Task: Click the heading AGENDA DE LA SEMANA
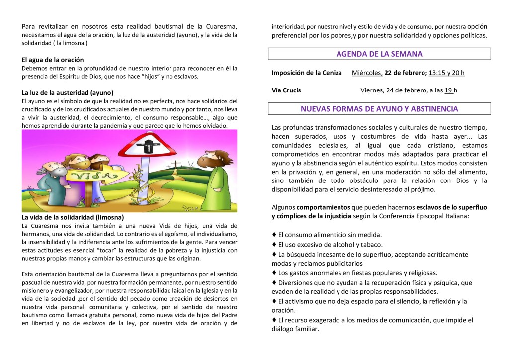point(379,54)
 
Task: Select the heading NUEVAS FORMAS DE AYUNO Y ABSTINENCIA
point(379,108)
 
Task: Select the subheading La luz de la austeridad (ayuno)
point(68,92)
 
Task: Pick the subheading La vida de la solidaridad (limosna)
point(73,217)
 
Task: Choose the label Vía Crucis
point(286,90)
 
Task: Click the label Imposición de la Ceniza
point(307,73)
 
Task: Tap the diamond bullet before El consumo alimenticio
point(274,234)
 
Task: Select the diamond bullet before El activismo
point(274,301)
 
